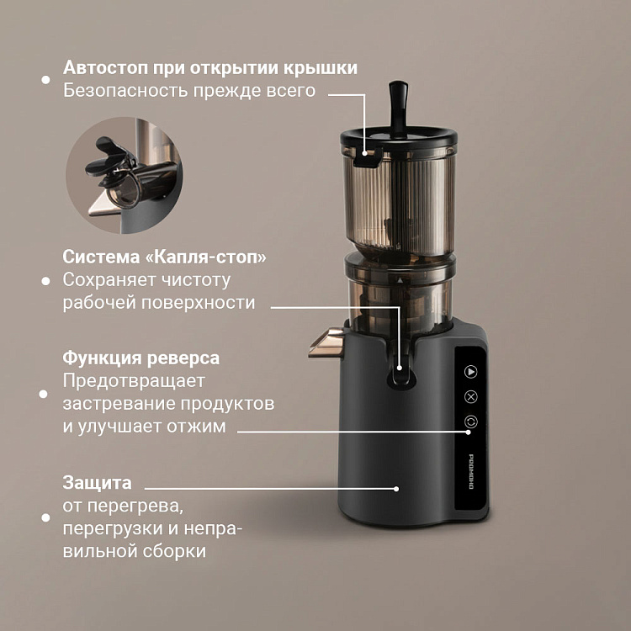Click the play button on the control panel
470,371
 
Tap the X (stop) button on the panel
470,397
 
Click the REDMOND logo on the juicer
471,471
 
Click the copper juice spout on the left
326,343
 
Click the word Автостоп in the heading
105,67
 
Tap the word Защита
97,483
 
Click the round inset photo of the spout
125,175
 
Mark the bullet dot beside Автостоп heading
45,80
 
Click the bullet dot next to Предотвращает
44,394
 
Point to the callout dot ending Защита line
396,489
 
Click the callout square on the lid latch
364,153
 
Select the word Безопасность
125,91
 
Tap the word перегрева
135,506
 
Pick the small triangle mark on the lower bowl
400,280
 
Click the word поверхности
198,303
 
